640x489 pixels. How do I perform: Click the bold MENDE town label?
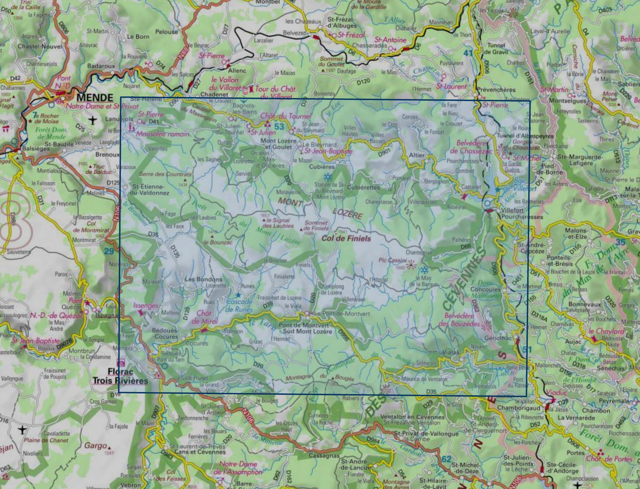(x=95, y=97)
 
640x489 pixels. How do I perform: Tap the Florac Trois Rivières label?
(x=120, y=376)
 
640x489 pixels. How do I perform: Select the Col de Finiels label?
(x=346, y=239)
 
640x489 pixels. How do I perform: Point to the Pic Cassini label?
(x=392, y=260)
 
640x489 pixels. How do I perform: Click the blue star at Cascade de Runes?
(x=238, y=295)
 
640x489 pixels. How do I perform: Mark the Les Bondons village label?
(x=204, y=279)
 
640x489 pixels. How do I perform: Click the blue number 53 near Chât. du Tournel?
(x=279, y=126)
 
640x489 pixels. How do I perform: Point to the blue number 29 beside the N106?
(x=109, y=251)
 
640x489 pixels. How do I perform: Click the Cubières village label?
(x=322, y=167)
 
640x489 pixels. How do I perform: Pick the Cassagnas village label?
(x=324, y=456)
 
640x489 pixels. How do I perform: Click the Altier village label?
(x=416, y=155)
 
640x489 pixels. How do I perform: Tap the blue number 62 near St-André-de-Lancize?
(x=446, y=459)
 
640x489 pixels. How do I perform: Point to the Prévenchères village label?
(x=496, y=90)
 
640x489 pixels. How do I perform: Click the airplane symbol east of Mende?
(x=92, y=120)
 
